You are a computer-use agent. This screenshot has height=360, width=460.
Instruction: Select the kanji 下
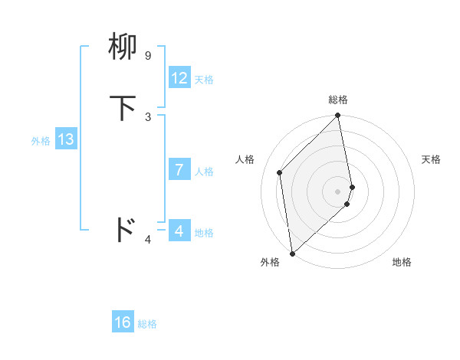pos(123,108)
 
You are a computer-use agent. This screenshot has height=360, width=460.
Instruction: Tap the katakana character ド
pos(123,229)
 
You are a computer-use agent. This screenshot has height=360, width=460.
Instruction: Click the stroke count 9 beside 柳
pos(147,56)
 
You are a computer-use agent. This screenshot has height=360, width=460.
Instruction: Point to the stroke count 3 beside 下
pos(148,116)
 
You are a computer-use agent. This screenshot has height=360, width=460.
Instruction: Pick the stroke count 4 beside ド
pos(148,241)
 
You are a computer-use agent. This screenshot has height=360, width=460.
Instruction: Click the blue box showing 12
pos(179,78)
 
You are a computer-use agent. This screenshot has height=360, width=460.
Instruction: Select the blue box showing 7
pos(179,170)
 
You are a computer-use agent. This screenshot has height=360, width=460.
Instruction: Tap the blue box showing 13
pos(65,139)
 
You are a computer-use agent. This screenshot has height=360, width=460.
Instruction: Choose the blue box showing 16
pos(123,322)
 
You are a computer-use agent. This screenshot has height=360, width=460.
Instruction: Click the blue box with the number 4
pos(179,231)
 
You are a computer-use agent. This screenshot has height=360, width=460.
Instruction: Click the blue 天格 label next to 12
pos(204,80)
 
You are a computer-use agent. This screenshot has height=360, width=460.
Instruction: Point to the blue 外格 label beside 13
pos(41,141)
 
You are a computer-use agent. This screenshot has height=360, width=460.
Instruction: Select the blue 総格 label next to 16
pos(147,324)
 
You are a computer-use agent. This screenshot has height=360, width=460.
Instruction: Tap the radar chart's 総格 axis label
pos(338,100)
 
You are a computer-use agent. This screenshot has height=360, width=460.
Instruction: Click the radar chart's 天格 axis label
pos(431,159)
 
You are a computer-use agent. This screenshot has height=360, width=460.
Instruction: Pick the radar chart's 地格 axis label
pos(402,262)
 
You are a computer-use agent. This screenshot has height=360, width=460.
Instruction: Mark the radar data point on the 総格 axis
pos(338,116)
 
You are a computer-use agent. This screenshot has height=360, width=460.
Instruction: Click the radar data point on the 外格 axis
pos(291,254)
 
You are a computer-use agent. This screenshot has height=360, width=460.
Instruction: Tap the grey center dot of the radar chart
pos(338,191)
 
